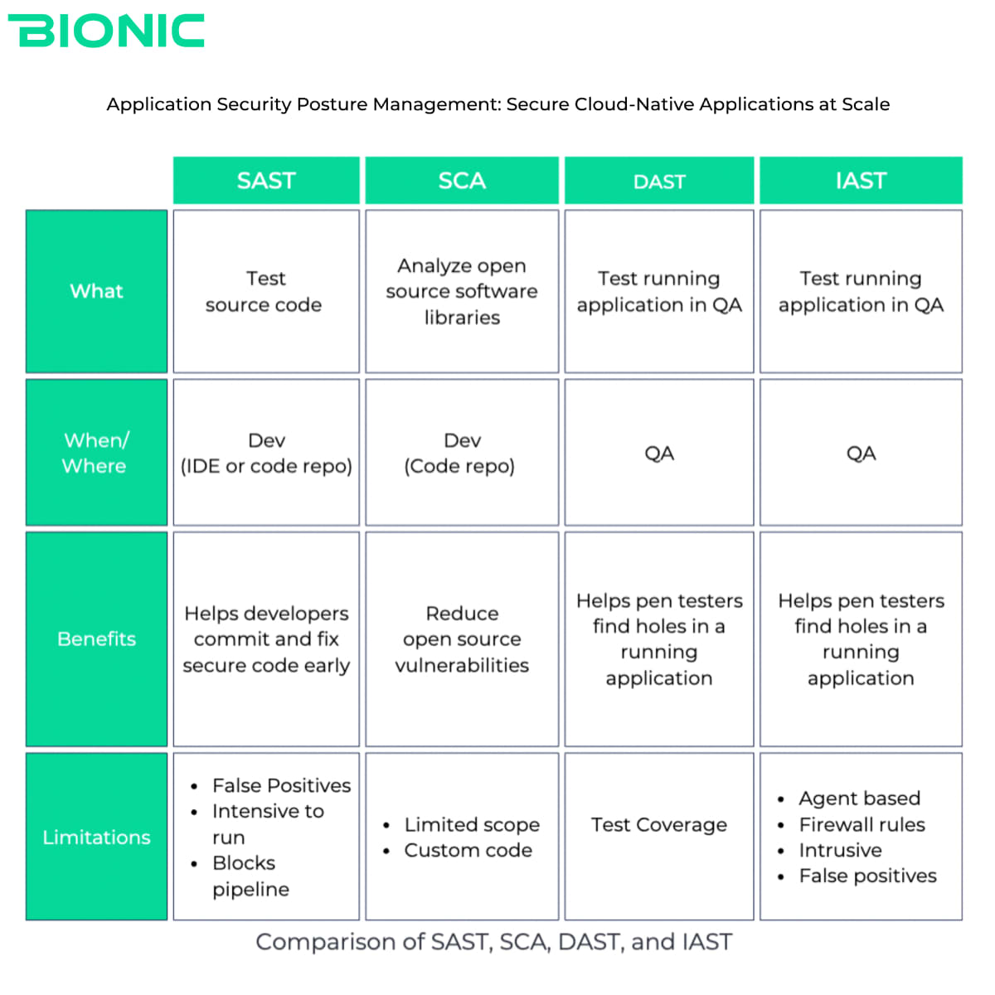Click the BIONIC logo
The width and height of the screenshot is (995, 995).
(106, 31)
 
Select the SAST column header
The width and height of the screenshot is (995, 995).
(266, 180)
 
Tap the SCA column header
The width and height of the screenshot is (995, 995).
(462, 180)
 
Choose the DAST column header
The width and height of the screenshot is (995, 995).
(659, 180)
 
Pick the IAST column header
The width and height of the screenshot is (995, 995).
(861, 180)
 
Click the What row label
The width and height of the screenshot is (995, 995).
(96, 291)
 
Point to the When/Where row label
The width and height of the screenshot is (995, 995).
(96, 453)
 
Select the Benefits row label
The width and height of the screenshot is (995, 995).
(96, 638)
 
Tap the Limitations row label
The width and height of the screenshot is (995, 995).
(96, 837)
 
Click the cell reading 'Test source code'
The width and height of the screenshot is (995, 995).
(266, 291)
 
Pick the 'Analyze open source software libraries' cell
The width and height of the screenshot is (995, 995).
(462, 291)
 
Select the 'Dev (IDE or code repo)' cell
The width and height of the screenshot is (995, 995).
(266, 453)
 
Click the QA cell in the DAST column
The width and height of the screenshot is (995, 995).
(659, 453)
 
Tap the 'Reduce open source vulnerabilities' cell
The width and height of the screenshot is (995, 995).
(462, 638)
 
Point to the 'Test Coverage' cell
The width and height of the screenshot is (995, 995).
(659, 837)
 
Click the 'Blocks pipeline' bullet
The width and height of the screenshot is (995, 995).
(240, 876)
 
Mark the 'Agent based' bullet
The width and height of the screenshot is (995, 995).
(849, 798)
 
